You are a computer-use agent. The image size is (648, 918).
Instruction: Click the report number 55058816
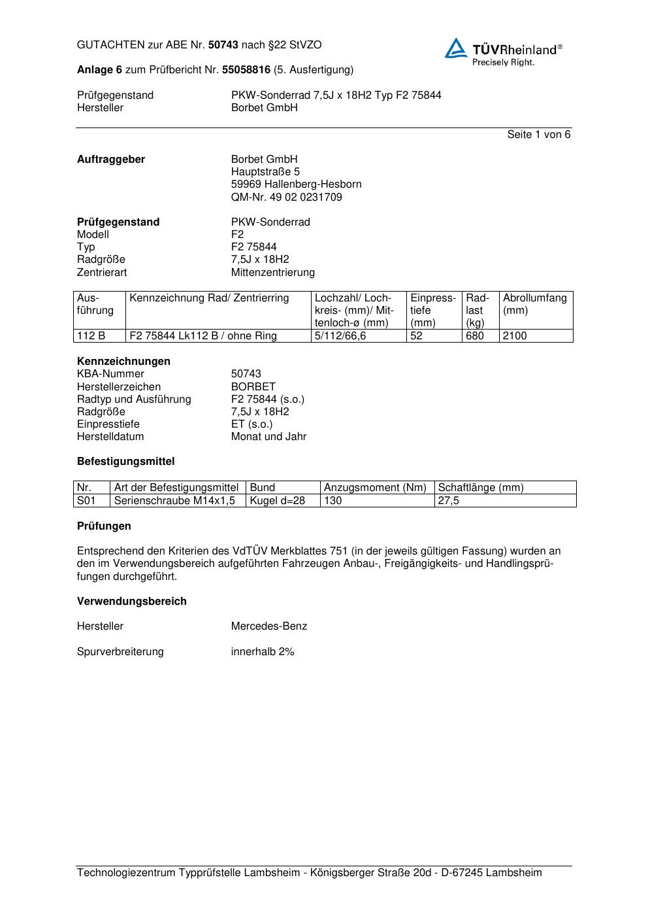tap(246, 70)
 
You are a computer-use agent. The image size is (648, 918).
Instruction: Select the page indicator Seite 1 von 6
tap(538, 135)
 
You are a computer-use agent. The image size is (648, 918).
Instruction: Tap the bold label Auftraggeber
tap(111, 160)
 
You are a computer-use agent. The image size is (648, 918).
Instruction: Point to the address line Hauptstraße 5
tap(265, 172)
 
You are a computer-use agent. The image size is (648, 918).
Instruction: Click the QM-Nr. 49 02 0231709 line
tap(286, 197)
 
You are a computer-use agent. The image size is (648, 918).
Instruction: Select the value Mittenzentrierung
tap(272, 273)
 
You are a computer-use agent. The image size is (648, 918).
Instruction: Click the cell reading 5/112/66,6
tap(340, 336)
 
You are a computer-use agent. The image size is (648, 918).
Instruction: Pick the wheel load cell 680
tap(475, 336)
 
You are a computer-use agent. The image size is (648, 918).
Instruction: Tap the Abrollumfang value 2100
tap(515, 336)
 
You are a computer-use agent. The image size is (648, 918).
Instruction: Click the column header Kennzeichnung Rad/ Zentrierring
tap(209, 298)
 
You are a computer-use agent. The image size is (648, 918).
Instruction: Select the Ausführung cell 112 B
tap(91, 336)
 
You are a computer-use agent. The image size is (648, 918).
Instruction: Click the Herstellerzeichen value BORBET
tap(253, 387)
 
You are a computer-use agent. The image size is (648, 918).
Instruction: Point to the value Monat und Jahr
tap(268, 437)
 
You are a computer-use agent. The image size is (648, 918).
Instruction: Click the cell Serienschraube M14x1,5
tap(174, 501)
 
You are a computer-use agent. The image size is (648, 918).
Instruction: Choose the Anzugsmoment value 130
tap(333, 501)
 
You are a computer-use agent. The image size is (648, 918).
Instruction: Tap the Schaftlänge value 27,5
tap(449, 501)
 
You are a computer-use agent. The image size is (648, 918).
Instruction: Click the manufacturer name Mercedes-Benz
tap(268, 626)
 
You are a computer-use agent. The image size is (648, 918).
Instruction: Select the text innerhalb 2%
tap(263, 652)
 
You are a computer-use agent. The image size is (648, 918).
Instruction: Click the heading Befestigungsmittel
tap(125, 462)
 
